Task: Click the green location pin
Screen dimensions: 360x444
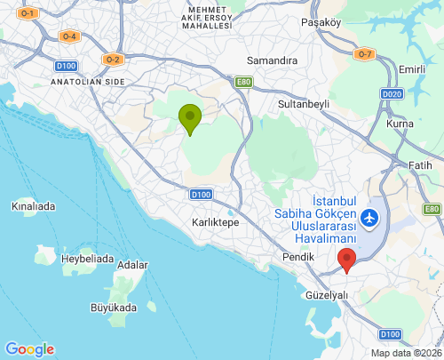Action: [189, 118]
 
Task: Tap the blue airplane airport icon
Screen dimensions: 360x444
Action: [369, 216]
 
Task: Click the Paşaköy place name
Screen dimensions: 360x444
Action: [321, 21]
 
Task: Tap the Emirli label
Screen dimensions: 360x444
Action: [413, 69]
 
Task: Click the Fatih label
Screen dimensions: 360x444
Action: [420, 165]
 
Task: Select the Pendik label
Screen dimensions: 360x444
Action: [298, 257]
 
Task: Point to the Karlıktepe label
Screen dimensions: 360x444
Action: [216, 222]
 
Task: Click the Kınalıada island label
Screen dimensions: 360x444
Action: [33, 206]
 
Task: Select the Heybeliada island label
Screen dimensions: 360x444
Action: [87, 259]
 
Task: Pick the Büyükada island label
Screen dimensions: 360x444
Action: [115, 308]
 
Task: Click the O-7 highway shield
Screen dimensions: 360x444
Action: [363, 54]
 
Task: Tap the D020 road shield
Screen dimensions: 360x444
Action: [392, 93]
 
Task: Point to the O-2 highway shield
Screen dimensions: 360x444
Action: [112, 60]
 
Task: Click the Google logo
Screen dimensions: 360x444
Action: [29, 349]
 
